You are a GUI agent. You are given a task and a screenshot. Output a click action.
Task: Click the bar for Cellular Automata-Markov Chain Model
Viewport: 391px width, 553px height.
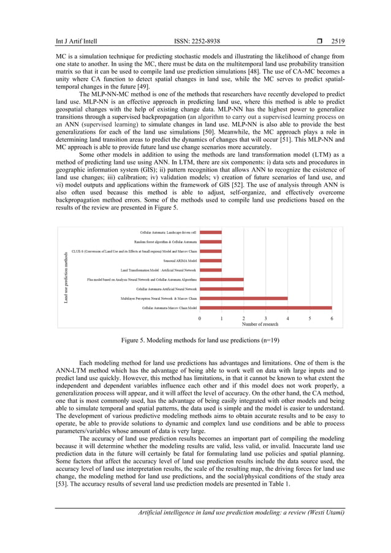pyautogui.click(x=265, y=308)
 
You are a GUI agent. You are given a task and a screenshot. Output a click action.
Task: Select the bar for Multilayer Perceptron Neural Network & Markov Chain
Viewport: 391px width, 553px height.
pyautogui.click(x=243, y=298)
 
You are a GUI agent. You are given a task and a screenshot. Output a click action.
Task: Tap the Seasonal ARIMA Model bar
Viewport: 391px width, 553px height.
pyautogui.click(x=210, y=261)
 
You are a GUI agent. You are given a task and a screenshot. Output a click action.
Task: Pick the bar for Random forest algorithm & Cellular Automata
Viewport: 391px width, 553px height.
pyautogui.click(x=210, y=242)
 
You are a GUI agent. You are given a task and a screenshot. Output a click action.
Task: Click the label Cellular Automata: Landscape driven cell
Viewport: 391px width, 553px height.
pyautogui.click(x=168, y=233)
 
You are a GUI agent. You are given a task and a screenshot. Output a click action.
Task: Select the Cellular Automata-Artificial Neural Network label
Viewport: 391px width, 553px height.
pyautogui.click(x=166, y=289)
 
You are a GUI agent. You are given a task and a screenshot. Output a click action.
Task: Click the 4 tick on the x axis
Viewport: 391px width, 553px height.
pyautogui.click(x=287, y=319)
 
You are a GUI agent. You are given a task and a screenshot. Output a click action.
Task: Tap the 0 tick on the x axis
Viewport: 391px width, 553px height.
pyautogui.click(x=199, y=319)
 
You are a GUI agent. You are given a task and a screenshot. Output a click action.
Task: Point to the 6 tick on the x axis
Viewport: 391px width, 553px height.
pyautogui.click(x=332, y=319)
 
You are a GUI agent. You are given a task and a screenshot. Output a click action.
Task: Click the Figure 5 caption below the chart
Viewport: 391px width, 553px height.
pyautogui.click(x=195, y=339)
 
